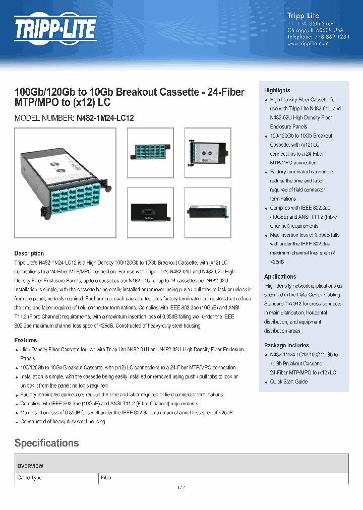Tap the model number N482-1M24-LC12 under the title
pos(105,118)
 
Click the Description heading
pos(29,253)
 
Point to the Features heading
pos(25,340)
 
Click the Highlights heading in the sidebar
pos(277,90)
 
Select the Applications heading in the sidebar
pos(280,277)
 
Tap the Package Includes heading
pos(286,345)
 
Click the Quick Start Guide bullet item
pos(288,381)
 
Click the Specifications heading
pos(46,443)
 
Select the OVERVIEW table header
pos(30,466)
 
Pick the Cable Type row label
pos(29,477)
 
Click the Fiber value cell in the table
pos(106,477)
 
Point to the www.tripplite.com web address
pos(308,44)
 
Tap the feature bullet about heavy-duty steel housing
pos(63,421)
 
